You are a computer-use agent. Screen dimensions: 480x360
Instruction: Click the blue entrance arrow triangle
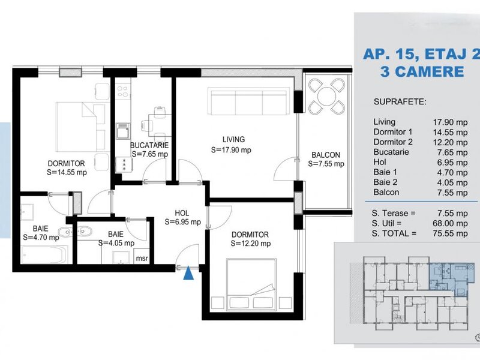(x=188, y=274)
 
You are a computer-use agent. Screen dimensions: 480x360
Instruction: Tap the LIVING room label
(x=233, y=140)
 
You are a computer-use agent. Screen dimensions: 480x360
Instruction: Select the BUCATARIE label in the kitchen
(x=149, y=145)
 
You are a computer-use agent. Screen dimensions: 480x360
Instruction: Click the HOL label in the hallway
(x=182, y=213)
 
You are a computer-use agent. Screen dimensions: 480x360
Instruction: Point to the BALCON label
(x=326, y=155)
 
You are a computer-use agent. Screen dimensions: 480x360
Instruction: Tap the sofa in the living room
(x=248, y=101)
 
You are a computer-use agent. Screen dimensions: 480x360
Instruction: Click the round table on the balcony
(x=326, y=96)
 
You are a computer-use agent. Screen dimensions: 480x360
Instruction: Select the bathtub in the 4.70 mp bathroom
(x=45, y=254)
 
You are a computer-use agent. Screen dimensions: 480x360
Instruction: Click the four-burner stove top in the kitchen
(x=123, y=91)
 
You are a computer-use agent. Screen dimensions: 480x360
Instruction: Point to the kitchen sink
(x=123, y=131)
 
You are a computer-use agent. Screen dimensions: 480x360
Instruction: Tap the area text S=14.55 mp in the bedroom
(x=67, y=173)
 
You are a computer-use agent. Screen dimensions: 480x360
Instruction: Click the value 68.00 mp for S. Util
(x=450, y=223)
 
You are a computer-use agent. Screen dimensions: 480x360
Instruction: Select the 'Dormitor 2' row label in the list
(x=393, y=142)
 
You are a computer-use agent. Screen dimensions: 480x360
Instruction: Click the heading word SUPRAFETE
(x=400, y=101)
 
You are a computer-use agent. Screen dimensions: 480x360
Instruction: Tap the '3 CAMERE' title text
(x=422, y=71)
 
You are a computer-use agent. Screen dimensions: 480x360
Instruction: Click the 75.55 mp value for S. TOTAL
(x=450, y=233)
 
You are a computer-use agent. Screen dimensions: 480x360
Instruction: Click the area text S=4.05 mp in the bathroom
(x=116, y=244)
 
